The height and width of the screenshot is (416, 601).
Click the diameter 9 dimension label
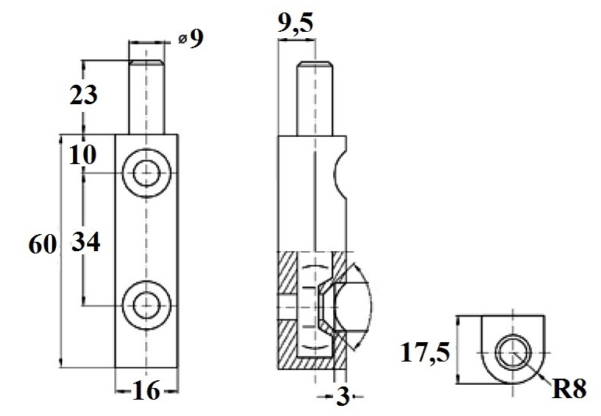point(190,38)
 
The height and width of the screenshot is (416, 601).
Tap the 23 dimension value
point(83,95)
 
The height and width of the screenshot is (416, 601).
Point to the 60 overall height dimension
point(42,245)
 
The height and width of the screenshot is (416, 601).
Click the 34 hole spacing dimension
point(85,243)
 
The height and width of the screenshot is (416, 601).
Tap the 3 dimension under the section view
point(341,397)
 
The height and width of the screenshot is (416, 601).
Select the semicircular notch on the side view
point(342,173)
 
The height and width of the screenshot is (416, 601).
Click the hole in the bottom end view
point(512,354)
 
